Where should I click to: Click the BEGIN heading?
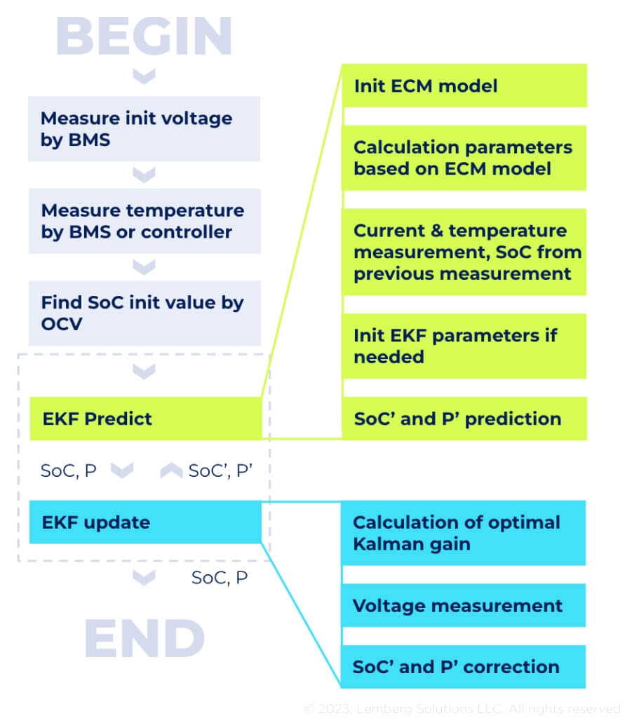(144, 35)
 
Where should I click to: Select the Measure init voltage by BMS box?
(144, 128)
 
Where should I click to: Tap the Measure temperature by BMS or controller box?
(144, 221)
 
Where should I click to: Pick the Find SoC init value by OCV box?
(144, 313)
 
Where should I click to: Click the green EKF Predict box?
(144, 419)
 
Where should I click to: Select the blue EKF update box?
(144, 522)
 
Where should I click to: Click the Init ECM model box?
(464, 86)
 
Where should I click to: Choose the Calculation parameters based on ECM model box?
(464, 158)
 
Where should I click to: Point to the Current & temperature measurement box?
(464, 252)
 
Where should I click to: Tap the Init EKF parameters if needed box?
(464, 346)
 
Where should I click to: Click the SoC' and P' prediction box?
(464, 419)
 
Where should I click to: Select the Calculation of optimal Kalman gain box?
(464, 533)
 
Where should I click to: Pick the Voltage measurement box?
(464, 605)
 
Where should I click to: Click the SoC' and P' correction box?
(464, 666)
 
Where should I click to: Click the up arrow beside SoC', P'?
(171, 470)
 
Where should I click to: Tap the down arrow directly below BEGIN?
(144, 74)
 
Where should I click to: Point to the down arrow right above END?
(144, 578)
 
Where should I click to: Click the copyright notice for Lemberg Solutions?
(462, 709)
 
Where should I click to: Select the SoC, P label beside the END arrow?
(220, 578)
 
